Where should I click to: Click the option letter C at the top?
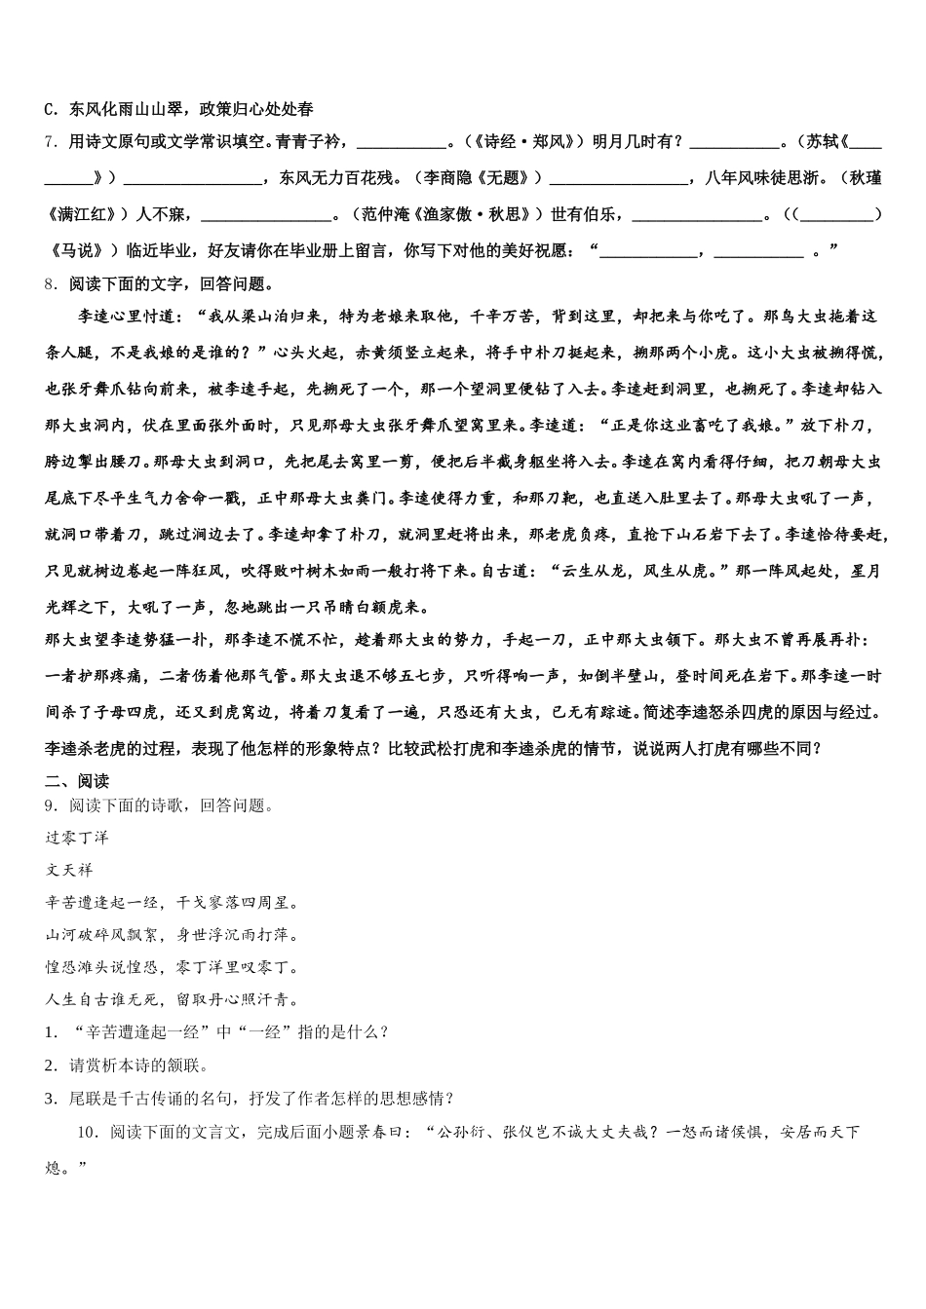[51, 110]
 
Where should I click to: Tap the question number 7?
[50, 142]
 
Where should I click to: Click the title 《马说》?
[74, 250]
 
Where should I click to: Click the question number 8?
[50, 284]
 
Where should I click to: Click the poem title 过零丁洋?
[77, 838]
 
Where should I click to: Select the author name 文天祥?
[69, 870]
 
